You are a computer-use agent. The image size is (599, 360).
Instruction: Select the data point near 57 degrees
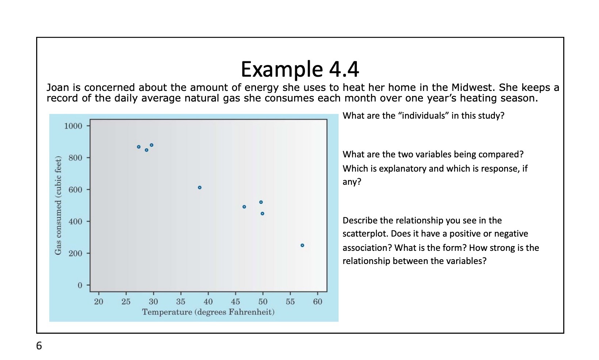pyautogui.click(x=302, y=245)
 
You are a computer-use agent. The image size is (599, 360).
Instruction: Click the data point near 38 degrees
pyautogui.click(x=199, y=188)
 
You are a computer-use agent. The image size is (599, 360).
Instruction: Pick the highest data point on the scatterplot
pyautogui.click(x=152, y=145)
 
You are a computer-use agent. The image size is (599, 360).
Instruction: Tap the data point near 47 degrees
pyautogui.click(x=244, y=207)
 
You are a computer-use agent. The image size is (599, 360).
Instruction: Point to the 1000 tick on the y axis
pyautogui.click(x=73, y=126)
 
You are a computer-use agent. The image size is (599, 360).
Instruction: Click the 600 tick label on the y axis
pyautogui.click(x=75, y=189)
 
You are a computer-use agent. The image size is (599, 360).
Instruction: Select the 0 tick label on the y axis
pyautogui.click(x=80, y=285)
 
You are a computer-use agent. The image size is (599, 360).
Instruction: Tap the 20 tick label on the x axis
pyautogui.click(x=99, y=302)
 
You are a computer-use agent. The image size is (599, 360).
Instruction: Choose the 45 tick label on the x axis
pyautogui.click(x=235, y=302)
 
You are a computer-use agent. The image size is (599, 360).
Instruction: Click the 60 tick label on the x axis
pyautogui.click(x=317, y=302)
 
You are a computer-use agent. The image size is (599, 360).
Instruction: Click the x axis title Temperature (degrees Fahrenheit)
pyautogui.click(x=208, y=312)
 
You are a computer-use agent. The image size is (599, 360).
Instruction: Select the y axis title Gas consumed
pyautogui.click(x=58, y=205)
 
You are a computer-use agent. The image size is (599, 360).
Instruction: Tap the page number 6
pyautogui.click(x=39, y=345)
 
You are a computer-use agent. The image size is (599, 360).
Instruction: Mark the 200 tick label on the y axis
pyautogui.click(x=75, y=253)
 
